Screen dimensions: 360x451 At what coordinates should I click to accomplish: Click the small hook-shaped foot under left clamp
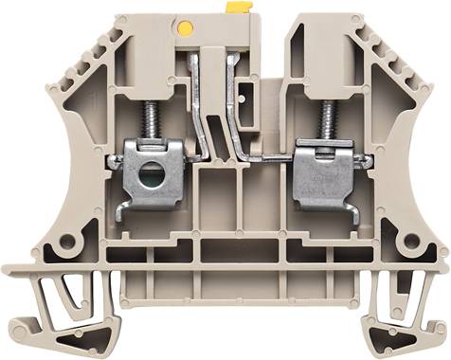click(x=123, y=207)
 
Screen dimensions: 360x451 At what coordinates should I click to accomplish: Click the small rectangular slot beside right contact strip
click(x=247, y=96)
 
